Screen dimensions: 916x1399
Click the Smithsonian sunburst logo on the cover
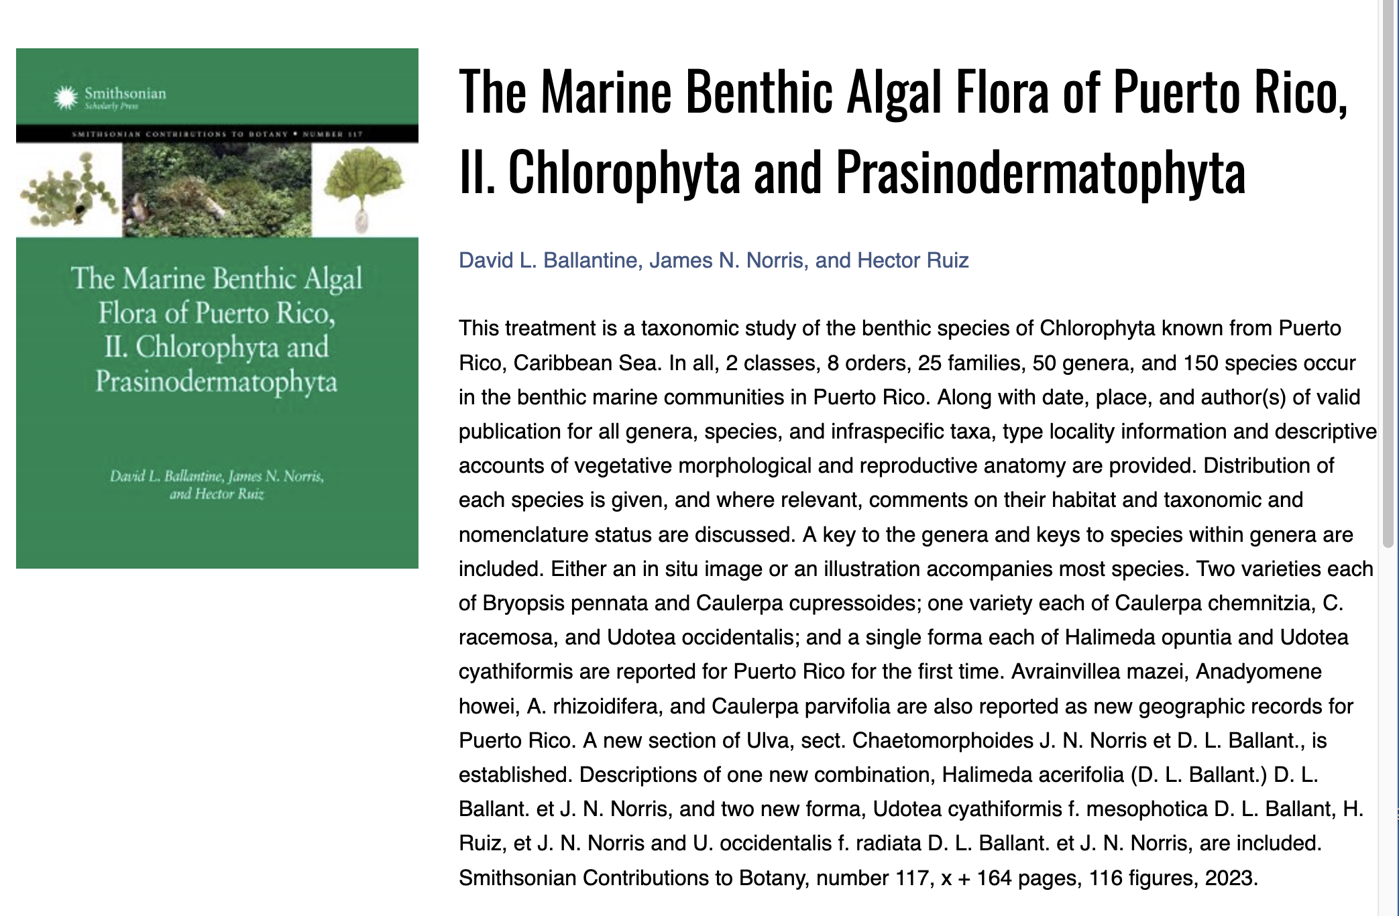click(66, 98)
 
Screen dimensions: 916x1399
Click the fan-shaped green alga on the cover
click(364, 181)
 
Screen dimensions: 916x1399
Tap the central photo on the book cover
click(217, 190)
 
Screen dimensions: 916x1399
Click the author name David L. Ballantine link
click(547, 260)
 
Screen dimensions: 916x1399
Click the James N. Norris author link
click(727, 260)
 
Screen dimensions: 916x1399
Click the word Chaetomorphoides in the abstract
click(942, 740)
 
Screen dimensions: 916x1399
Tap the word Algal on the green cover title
click(333, 279)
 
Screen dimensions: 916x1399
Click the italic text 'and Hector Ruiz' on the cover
click(217, 494)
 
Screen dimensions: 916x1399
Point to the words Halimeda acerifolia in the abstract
click(1033, 775)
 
